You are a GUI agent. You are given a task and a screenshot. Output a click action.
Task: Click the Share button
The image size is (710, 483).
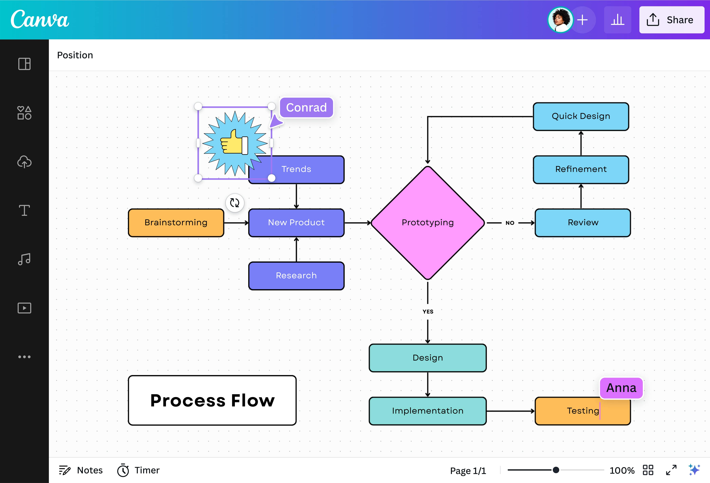[671, 20]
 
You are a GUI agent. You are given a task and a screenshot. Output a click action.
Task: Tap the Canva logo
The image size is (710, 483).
[40, 19]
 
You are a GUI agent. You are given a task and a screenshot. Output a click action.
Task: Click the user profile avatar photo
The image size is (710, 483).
[560, 20]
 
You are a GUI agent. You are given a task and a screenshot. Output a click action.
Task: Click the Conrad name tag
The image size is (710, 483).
[306, 107]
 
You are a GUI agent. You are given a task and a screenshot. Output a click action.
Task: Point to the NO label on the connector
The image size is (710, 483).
[510, 223]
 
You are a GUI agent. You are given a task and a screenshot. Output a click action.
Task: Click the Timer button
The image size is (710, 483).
[138, 470]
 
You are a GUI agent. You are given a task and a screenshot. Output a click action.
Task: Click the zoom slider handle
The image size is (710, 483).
[556, 470]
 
